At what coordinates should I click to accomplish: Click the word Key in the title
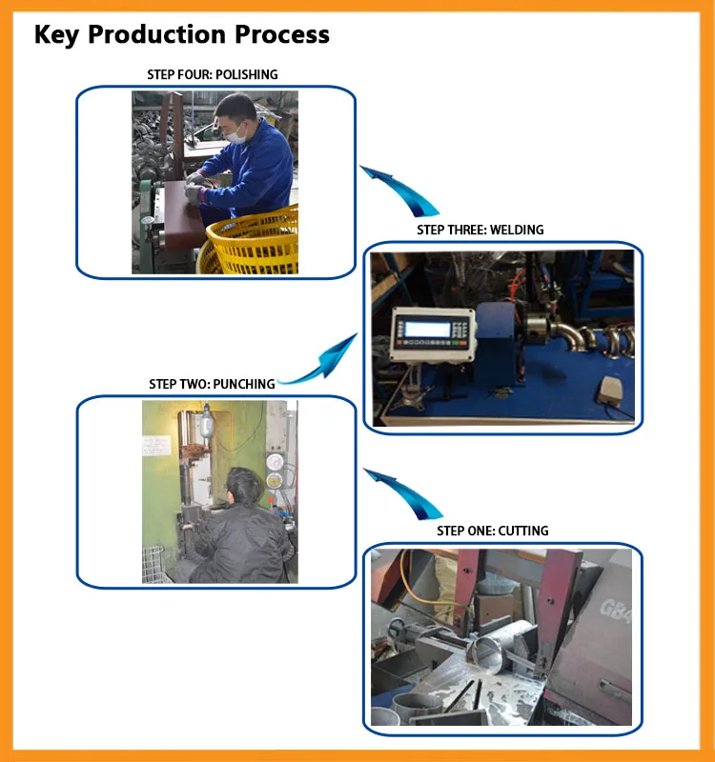coord(56,35)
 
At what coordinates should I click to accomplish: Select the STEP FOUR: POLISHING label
coord(213,74)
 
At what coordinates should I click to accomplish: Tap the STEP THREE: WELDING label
coord(480,230)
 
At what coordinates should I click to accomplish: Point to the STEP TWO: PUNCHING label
coord(212,384)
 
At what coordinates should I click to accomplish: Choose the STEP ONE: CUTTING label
coord(493,531)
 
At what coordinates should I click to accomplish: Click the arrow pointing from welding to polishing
coord(399,190)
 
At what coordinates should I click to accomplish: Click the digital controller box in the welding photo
coord(431,332)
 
